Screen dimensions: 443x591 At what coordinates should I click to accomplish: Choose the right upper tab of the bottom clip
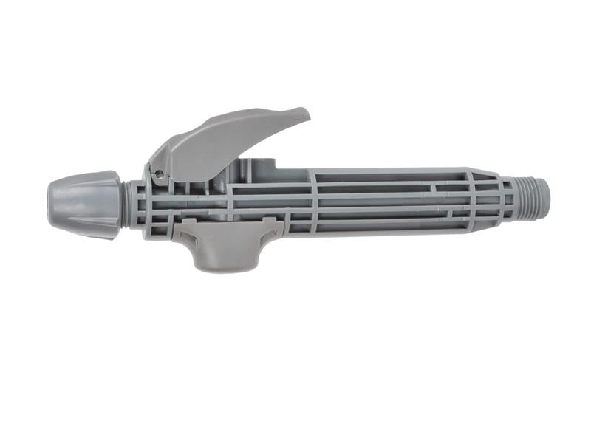click(x=277, y=224)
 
